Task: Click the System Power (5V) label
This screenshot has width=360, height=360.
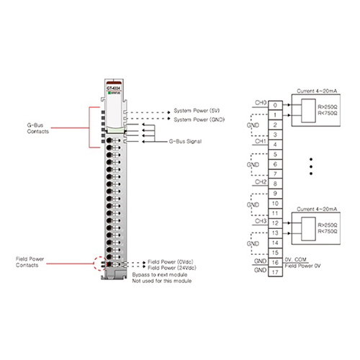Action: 197,112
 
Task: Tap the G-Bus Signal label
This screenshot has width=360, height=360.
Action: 184,142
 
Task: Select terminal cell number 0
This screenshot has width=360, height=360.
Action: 275,104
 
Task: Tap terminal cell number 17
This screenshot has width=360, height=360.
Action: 275,272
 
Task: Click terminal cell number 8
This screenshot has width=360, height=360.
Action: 275,184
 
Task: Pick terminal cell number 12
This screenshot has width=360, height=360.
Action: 275,223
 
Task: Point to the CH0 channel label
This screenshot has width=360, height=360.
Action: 260,102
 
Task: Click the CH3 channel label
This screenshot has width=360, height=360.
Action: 260,221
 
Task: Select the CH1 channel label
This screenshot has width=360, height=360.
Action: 260,142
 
